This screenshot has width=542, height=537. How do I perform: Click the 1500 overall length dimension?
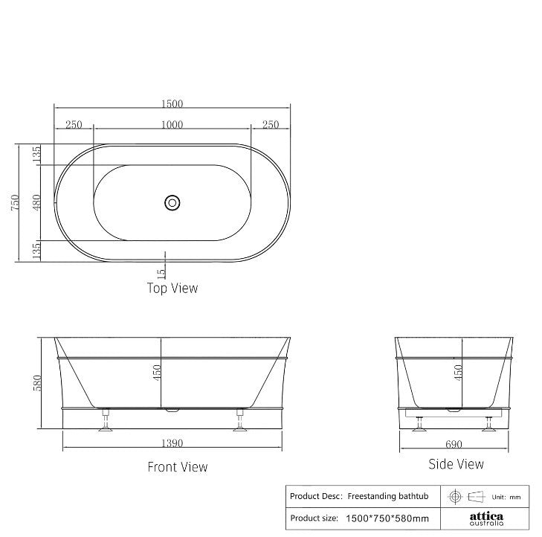coord(172,104)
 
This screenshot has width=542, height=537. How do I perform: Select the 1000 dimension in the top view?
coord(172,125)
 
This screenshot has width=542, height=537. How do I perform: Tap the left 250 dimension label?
coord(73,125)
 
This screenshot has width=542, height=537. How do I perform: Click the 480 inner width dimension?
coord(36,202)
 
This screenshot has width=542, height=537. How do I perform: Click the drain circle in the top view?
coord(172,202)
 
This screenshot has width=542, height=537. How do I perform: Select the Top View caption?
coord(172,288)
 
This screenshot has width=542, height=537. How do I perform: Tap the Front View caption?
coord(177,467)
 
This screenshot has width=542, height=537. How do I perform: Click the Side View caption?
coord(456,464)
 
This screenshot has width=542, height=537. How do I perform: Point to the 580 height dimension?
coord(37,384)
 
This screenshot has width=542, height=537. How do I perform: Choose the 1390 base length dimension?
coord(172,443)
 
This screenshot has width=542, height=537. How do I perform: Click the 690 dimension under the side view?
coord(454,445)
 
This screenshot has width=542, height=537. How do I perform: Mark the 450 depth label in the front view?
coord(157,372)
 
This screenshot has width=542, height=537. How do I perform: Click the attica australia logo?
coord(485,518)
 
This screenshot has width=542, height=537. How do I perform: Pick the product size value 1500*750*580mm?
coord(387,518)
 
